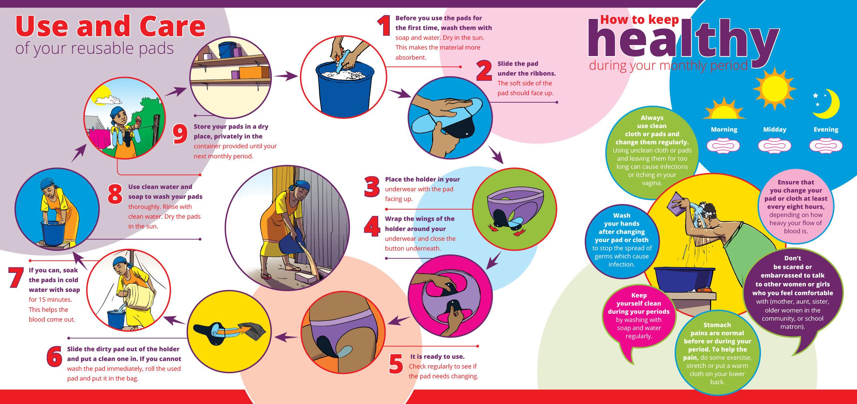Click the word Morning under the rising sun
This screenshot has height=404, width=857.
724,129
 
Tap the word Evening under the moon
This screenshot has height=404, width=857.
826,129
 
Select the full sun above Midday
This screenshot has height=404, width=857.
775,89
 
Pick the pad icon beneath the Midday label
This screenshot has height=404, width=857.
775,146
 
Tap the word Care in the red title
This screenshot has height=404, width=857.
172,27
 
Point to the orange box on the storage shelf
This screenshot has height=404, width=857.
254,72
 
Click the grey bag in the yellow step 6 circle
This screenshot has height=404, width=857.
254,331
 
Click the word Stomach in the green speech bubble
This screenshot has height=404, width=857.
717,325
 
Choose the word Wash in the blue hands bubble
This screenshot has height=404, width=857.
621,215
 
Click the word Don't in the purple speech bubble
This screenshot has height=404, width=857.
793,258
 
